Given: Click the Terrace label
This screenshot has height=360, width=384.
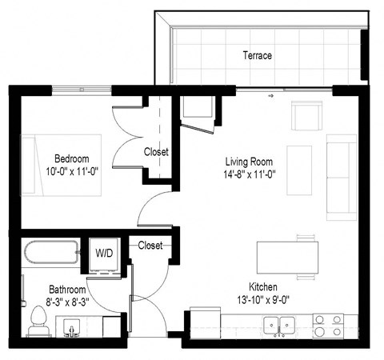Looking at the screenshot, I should click(257, 56).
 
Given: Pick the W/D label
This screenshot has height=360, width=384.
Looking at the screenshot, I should click(105, 254).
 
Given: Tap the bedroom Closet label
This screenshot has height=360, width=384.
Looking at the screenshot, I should click(156, 152).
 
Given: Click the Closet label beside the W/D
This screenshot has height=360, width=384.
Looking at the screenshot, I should click(150, 246).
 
